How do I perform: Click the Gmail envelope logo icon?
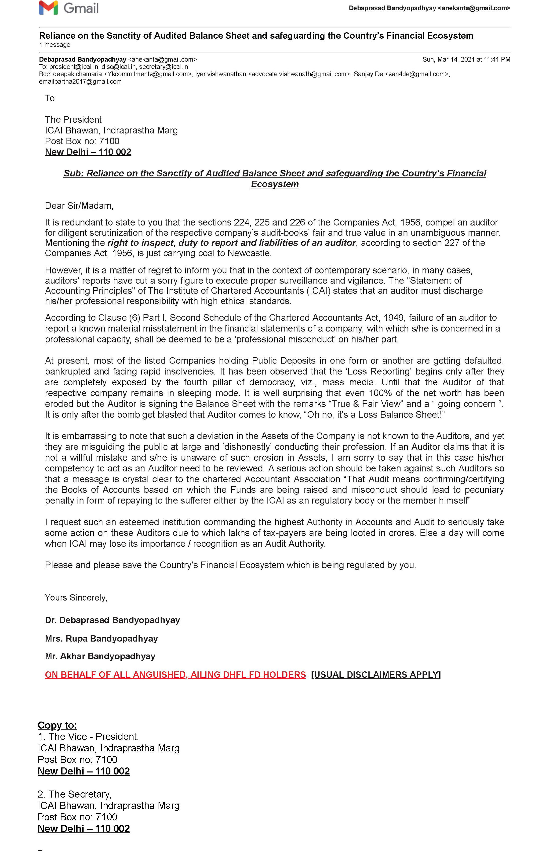click(x=48, y=8)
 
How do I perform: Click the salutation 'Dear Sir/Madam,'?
click(x=79, y=206)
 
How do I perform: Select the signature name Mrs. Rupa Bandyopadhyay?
click(x=101, y=639)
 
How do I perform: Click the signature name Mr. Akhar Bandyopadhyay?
click(x=100, y=656)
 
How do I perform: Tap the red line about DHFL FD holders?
click(x=175, y=675)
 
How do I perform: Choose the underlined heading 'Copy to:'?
click(x=57, y=725)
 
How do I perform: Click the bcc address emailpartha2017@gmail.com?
click(x=80, y=82)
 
